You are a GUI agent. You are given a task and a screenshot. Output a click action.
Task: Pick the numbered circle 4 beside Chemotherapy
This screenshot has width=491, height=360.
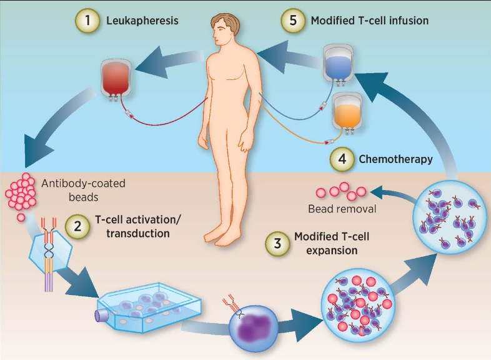(x=342, y=159)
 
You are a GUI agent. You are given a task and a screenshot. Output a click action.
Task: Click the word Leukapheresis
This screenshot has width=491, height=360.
(x=143, y=21)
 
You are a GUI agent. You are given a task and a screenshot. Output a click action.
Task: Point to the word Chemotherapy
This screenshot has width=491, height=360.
(x=395, y=159)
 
